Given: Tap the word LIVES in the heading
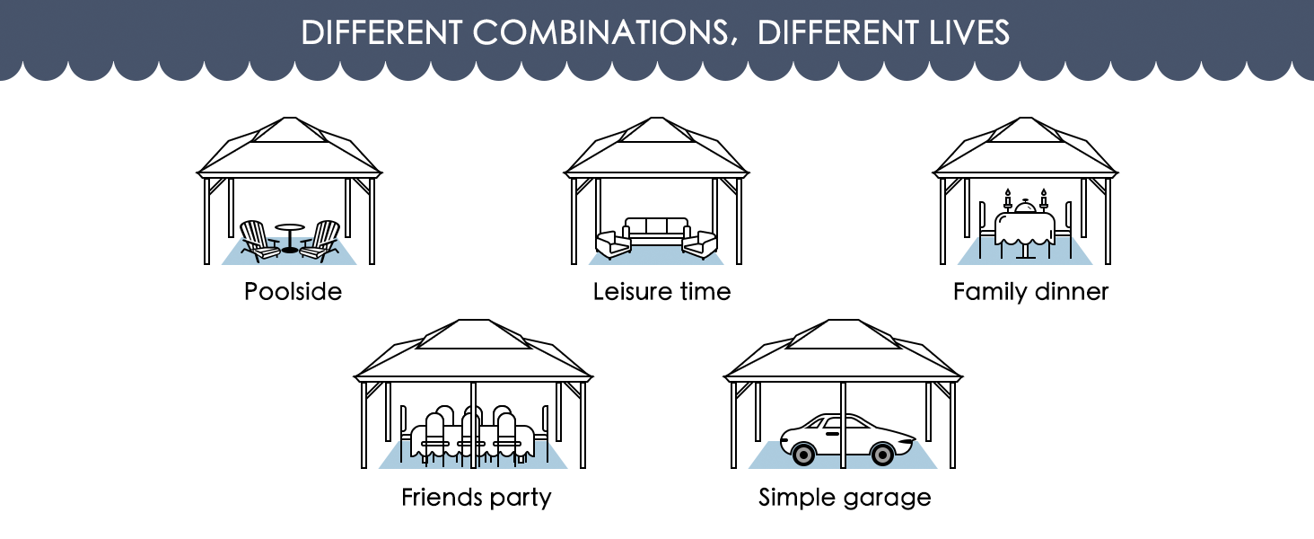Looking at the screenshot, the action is [x=969, y=32].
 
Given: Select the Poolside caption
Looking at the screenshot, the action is [x=293, y=291].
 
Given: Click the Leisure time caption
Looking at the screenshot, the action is [x=661, y=291].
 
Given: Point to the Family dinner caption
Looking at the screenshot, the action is [x=1030, y=292].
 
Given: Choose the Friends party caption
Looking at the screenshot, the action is [x=477, y=498].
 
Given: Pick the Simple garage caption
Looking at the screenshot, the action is [x=845, y=498].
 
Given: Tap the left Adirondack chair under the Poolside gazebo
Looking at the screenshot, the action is [x=259, y=241].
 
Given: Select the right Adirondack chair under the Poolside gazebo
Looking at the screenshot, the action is [x=320, y=241].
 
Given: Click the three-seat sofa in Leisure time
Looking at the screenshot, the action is [x=656, y=232].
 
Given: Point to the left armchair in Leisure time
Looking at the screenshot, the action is [x=613, y=244].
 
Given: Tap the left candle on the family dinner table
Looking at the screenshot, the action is [x=1008, y=199].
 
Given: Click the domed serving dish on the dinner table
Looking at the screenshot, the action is [x=1025, y=206].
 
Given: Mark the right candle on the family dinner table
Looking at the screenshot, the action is [x=1044, y=199].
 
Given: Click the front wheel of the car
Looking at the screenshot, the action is [x=881, y=454].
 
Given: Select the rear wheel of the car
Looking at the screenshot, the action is [x=802, y=454].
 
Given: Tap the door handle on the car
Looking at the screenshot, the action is [x=832, y=435].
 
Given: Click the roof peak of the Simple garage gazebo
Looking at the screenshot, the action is [x=843, y=321].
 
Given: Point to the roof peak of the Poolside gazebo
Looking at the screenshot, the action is [x=289, y=118].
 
